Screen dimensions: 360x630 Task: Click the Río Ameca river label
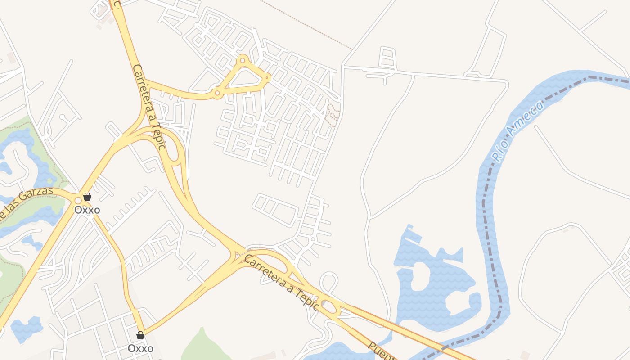[517, 131]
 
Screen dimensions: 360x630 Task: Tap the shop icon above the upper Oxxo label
[87, 197]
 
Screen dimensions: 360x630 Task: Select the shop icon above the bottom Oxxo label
[140, 335]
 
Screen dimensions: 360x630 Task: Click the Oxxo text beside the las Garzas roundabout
[87, 210]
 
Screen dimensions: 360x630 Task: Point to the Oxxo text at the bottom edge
[140, 348]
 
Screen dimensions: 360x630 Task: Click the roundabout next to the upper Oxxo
[78, 200]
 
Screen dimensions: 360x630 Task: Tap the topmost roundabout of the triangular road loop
[243, 60]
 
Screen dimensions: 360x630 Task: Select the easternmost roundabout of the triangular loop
[267, 77]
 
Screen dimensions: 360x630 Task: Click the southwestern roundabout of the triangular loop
[217, 94]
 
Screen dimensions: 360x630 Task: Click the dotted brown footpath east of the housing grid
[332, 115]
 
